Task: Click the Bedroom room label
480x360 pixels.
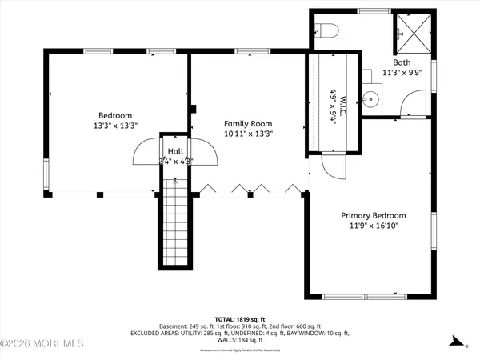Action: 115,115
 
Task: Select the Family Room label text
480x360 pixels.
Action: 247,124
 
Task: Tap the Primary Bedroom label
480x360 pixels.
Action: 373,215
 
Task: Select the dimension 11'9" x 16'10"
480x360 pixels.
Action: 373,226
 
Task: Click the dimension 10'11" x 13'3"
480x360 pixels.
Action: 247,134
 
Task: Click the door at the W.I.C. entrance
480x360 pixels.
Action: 331,166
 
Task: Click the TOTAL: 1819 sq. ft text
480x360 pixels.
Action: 240,318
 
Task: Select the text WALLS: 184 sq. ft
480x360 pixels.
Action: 240,340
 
